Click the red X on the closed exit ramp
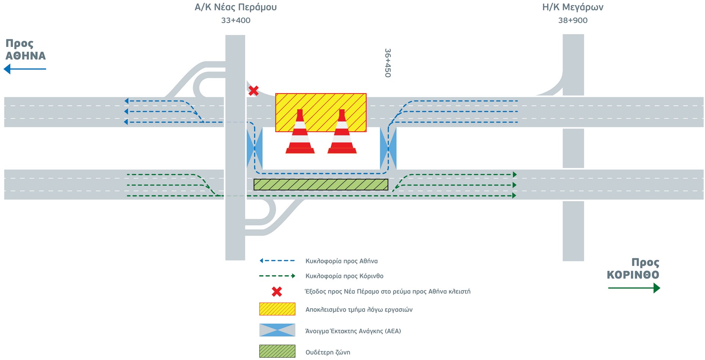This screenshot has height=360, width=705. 253,90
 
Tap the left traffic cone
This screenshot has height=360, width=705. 300,134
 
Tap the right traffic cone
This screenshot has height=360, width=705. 342,134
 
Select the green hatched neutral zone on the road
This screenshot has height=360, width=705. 321,185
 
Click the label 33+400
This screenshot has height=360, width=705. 236,21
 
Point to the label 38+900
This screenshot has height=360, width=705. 573,21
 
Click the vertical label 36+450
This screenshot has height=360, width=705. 388,63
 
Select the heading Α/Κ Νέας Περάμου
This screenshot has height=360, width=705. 236,7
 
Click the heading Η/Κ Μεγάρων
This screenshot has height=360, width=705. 573,7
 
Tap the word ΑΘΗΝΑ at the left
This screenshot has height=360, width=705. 26,56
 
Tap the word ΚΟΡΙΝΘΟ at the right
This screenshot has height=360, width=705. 633,275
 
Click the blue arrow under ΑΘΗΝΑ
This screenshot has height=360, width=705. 25,69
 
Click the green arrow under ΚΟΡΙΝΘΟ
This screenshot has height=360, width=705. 634,288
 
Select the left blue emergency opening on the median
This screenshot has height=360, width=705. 254,148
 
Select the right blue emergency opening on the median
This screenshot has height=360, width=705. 388,148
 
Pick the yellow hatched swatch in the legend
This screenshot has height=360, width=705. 277,309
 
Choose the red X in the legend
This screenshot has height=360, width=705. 277,292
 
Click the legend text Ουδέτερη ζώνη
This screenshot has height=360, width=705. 328,352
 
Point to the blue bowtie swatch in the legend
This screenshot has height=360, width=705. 277,330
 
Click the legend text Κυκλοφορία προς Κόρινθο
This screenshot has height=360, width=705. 344,276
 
